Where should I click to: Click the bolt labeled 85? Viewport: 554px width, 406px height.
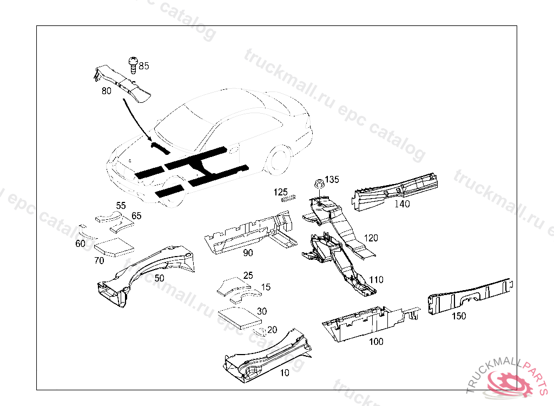[x=133, y=64]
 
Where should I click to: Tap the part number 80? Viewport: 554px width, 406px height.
[x=106, y=91]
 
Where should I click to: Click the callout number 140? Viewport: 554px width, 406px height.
[x=402, y=204]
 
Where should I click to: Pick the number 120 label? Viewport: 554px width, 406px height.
[x=371, y=238]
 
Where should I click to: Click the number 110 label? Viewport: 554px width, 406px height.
[x=376, y=280]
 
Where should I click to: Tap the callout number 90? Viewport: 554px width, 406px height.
[x=248, y=252]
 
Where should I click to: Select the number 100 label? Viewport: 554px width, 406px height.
[x=375, y=342]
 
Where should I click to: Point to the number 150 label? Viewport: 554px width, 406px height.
[x=458, y=316]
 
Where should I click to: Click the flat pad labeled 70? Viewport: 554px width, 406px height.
[x=114, y=247]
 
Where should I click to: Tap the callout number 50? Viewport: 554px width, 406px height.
[x=159, y=278]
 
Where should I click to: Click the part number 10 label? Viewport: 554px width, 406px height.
[x=284, y=372]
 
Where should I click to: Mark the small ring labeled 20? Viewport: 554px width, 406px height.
[x=260, y=330]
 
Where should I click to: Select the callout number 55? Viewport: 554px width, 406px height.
[x=121, y=206]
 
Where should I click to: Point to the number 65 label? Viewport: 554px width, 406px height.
[x=136, y=215]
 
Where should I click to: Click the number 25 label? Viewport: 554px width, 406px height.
[x=248, y=275]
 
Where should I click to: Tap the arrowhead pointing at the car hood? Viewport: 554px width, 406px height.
[x=150, y=140]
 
